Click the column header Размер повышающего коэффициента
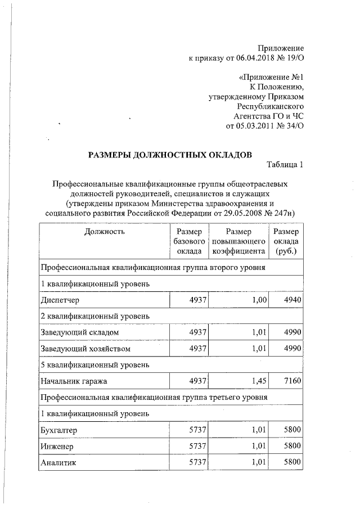coord(238,241)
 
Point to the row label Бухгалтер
coord(58,430)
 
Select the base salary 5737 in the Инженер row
coord(197,447)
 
